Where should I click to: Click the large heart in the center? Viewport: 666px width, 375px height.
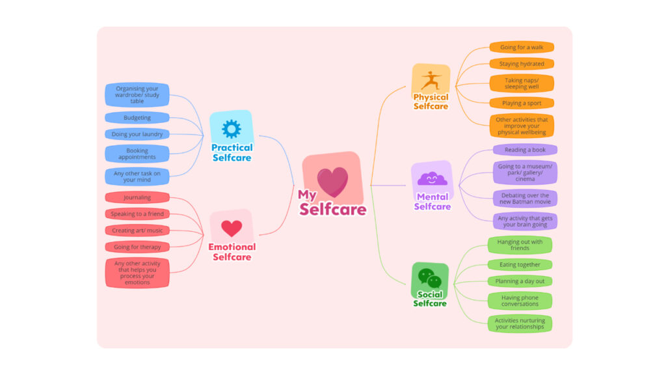[x=332, y=182]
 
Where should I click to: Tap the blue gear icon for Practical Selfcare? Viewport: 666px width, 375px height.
[x=231, y=129]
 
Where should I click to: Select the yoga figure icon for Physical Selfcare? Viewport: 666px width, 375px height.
[x=431, y=81]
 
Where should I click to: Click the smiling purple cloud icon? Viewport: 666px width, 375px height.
[x=432, y=178]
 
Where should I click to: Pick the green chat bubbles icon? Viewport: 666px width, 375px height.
[x=430, y=278]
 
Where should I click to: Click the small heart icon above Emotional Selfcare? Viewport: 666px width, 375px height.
[x=232, y=228]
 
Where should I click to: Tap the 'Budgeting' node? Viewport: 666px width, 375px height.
[x=137, y=118]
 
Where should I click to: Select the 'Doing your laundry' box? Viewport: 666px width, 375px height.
[x=137, y=134]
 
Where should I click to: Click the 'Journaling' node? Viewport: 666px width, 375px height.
[x=137, y=197]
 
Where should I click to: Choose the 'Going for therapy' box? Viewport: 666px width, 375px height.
[x=137, y=247]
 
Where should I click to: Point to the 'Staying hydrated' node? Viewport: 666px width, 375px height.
[x=522, y=64]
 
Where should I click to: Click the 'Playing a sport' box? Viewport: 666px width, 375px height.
[x=522, y=103]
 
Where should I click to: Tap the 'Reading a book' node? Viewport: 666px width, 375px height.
[x=525, y=150]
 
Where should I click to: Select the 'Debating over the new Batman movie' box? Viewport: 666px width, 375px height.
[x=525, y=199]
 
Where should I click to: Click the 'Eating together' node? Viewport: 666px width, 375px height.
[x=520, y=264]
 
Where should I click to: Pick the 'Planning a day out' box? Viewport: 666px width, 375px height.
[x=520, y=281]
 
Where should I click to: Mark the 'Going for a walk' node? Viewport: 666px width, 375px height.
[x=522, y=48]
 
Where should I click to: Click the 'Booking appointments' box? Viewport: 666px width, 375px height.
[x=137, y=154]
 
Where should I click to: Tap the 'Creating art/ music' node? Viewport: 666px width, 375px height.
[x=137, y=230]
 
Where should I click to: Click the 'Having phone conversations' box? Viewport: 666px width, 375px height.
[x=520, y=301]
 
